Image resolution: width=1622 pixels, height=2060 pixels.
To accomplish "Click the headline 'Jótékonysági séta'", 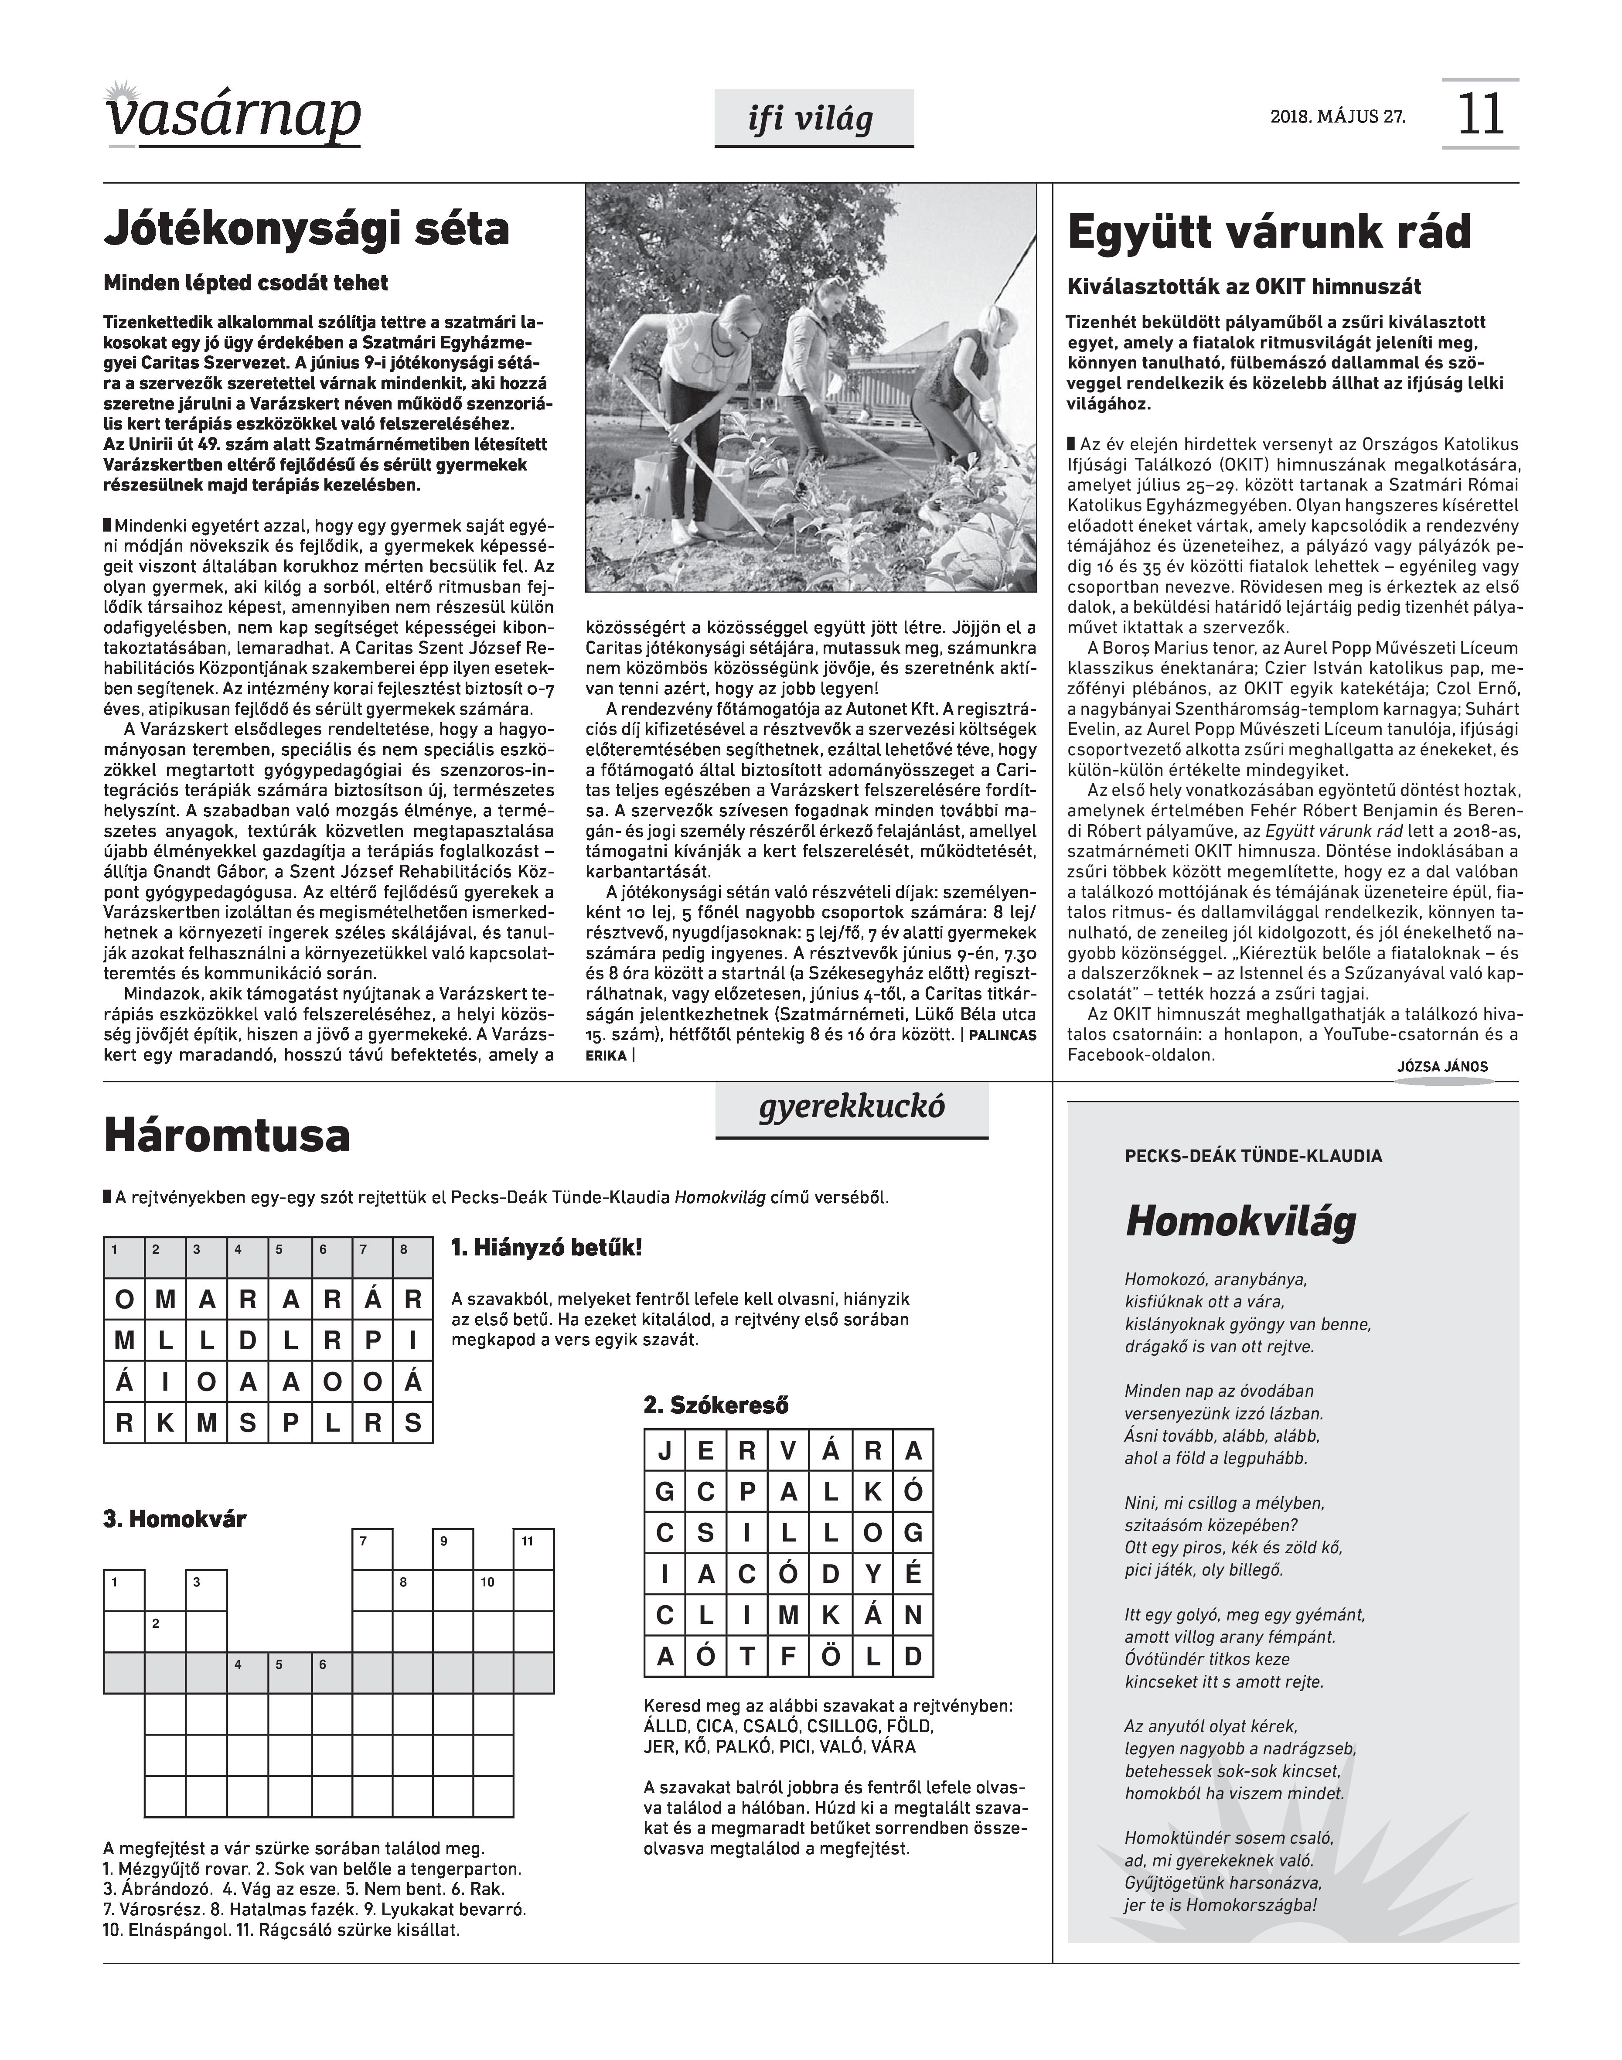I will point(307,229).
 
